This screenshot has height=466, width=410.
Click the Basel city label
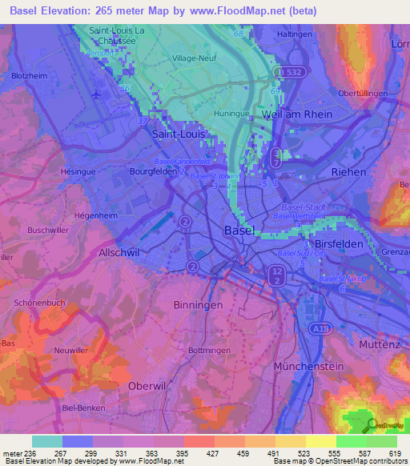[239, 231]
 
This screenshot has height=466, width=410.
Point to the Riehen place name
[349, 172]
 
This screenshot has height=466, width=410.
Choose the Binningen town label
[196, 306]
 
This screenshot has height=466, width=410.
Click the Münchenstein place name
[308, 365]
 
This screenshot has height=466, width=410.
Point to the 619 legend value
[396, 452]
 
